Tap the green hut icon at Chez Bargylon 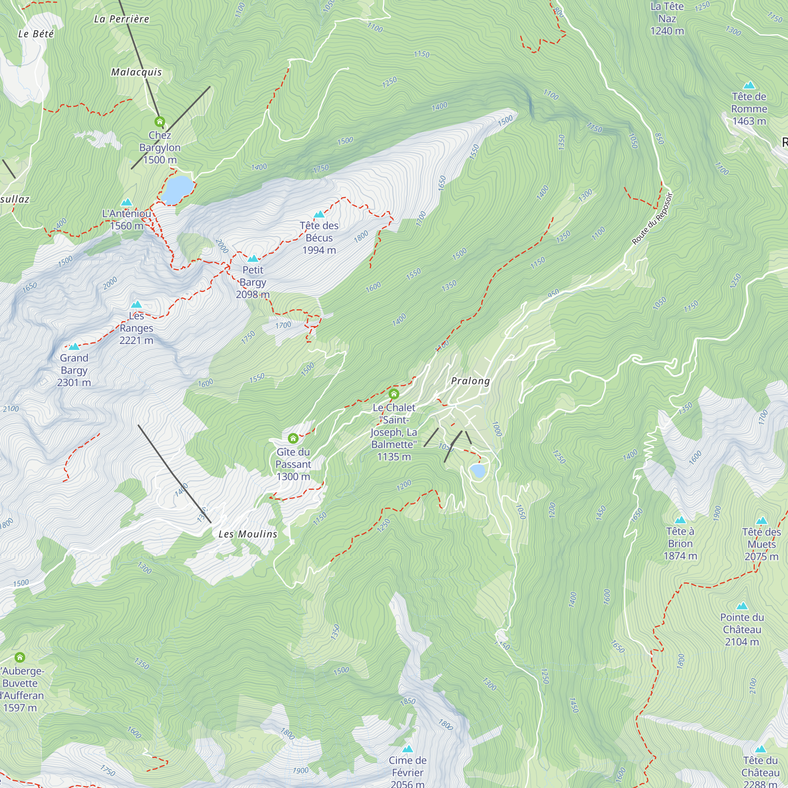pyautogui.click(x=160, y=121)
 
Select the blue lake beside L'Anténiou pyautogui.click(x=177, y=189)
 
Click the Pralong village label pyautogui.click(x=470, y=381)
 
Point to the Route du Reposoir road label pyautogui.click(x=651, y=219)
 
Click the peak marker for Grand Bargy pyautogui.click(x=74, y=347)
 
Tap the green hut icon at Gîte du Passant pyautogui.click(x=293, y=439)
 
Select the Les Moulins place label pyautogui.click(x=247, y=534)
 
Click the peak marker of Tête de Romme pyautogui.click(x=749, y=85)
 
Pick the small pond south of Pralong pyautogui.click(x=478, y=471)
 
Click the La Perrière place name pyautogui.click(x=121, y=19)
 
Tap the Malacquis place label pyautogui.click(x=137, y=72)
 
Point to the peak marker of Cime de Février pyautogui.click(x=407, y=749)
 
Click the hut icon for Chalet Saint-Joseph pyautogui.click(x=394, y=394)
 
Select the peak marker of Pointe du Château pyautogui.click(x=742, y=606)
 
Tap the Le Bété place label pyautogui.click(x=36, y=34)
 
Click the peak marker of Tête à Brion pyautogui.click(x=680, y=520)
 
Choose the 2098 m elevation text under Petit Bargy pyautogui.click(x=253, y=294)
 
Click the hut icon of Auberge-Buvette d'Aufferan pyautogui.click(x=20, y=658)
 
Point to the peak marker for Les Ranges pyautogui.click(x=136, y=304)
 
